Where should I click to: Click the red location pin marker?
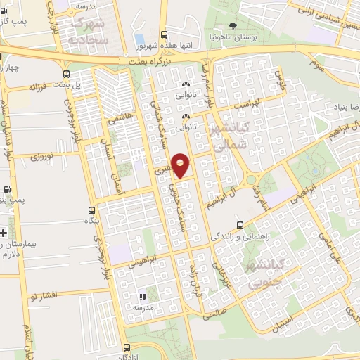[x=181, y=165]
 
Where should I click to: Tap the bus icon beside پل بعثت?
[x=66, y=74]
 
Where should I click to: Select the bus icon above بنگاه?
[x=91, y=210]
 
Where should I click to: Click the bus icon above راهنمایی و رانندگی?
[x=241, y=226]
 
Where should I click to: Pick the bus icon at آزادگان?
[x=126, y=347]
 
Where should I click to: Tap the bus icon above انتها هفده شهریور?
[x=165, y=34]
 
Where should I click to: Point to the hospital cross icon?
[x=4, y=232]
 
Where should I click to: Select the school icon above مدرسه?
[x=143, y=297]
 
